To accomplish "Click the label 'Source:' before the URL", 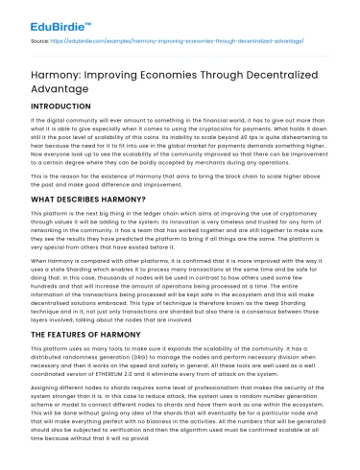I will tap(42, 43).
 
